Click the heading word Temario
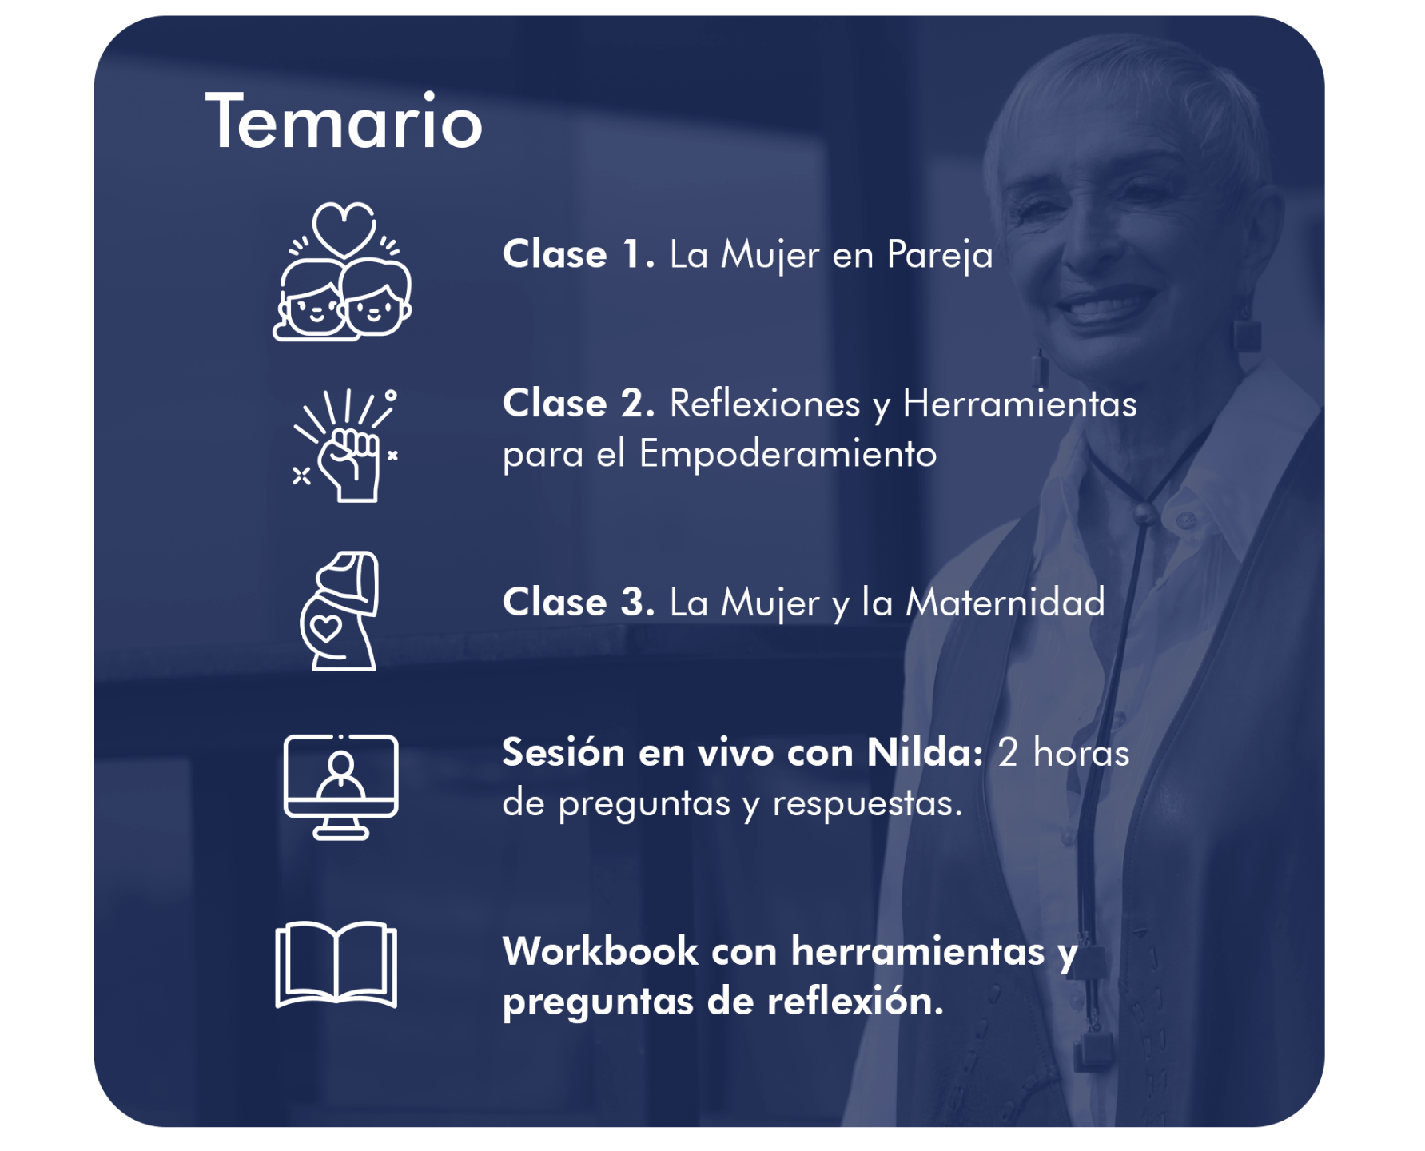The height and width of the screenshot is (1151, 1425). point(344,121)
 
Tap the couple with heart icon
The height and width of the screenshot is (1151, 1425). point(343,272)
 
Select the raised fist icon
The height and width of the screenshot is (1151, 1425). point(345,445)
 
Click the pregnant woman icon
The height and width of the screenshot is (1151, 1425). point(339,611)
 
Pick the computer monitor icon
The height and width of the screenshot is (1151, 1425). point(341,787)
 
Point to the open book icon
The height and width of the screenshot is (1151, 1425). point(336,965)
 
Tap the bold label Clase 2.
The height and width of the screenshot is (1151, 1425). point(579,404)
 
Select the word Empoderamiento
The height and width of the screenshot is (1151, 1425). point(788,455)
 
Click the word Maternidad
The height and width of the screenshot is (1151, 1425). point(1005,603)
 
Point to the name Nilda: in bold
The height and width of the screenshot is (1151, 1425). point(925,753)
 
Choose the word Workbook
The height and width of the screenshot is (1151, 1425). point(601,951)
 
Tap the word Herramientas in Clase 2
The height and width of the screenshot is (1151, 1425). point(1020,404)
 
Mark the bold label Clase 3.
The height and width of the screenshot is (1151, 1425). point(579,603)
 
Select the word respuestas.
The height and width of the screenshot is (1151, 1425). point(867,804)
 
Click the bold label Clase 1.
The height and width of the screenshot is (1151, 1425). point(579,255)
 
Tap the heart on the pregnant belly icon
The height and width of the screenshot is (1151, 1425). point(326,629)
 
